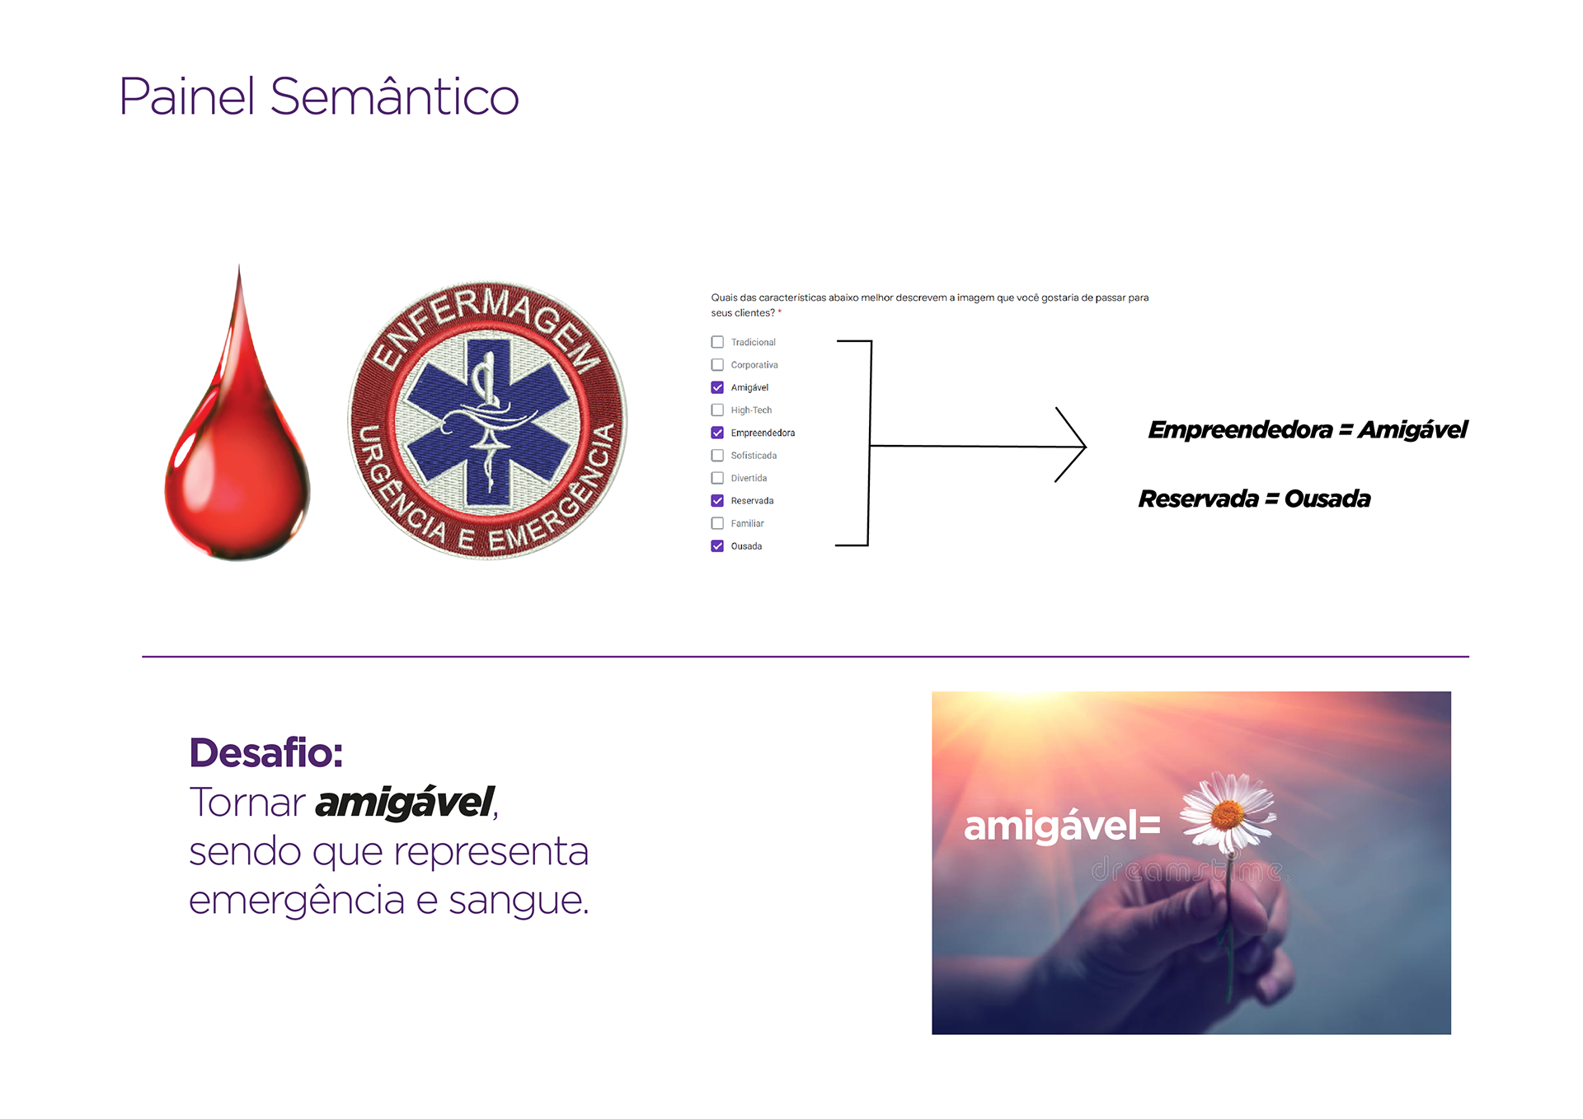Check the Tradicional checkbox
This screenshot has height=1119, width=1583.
pos(717,342)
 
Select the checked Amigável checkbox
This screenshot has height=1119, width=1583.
pos(717,387)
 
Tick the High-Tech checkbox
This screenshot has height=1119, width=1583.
pos(717,410)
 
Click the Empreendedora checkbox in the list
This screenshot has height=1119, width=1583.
pos(717,433)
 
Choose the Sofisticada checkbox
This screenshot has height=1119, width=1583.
pos(717,456)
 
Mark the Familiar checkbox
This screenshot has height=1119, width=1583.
pos(717,523)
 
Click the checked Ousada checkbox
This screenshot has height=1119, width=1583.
pos(717,546)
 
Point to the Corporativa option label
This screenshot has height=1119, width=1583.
pos(754,365)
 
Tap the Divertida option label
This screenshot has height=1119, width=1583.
pos(749,478)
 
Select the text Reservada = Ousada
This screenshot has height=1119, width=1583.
pos(1254,499)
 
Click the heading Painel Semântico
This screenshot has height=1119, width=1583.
pos(318,97)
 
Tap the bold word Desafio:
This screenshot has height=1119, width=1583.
pos(265,752)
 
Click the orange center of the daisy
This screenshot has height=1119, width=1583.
pos(1227,815)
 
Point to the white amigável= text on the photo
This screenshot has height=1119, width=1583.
pos(1062,826)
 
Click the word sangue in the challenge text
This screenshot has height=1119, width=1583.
pos(517,901)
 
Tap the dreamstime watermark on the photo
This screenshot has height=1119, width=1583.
pos(1187,870)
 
